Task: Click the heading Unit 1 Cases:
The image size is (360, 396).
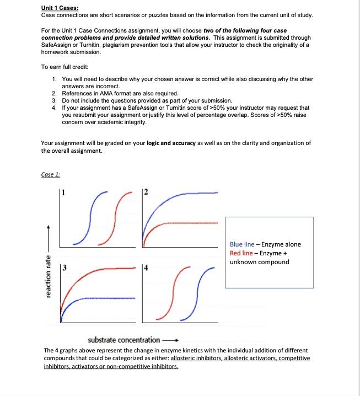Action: [60, 8]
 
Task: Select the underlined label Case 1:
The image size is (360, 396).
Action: [51, 175]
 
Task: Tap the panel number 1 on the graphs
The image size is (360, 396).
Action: [63, 192]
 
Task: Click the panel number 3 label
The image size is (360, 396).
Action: [63, 269]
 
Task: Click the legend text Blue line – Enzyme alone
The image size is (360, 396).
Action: [265, 244]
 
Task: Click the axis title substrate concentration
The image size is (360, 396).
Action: [124, 340]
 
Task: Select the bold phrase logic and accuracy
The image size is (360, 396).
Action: [171, 143]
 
